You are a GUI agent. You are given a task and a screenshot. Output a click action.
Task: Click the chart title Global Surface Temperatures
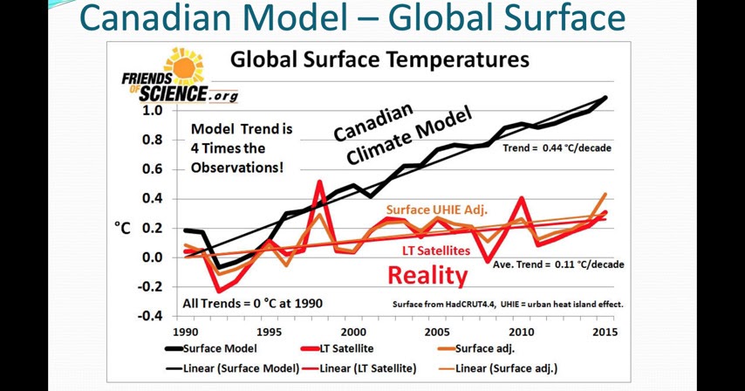pos(379,60)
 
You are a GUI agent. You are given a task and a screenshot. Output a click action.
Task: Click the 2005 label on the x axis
pos(436,332)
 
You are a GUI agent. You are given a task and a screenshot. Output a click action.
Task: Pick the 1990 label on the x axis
pos(185,332)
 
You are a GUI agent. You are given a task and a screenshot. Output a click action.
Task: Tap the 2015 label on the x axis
pos(604,332)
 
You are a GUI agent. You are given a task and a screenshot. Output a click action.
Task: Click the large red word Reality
pos(427,276)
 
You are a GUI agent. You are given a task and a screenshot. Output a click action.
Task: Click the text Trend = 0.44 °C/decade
pos(557,148)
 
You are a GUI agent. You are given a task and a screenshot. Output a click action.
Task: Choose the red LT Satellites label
pos(436,250)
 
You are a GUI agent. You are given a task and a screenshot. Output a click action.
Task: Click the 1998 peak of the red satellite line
pos(319,182)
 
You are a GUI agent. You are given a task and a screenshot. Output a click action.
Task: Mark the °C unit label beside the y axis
pos(124,229)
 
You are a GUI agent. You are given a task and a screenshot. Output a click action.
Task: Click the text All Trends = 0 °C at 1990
pos(251,304)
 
